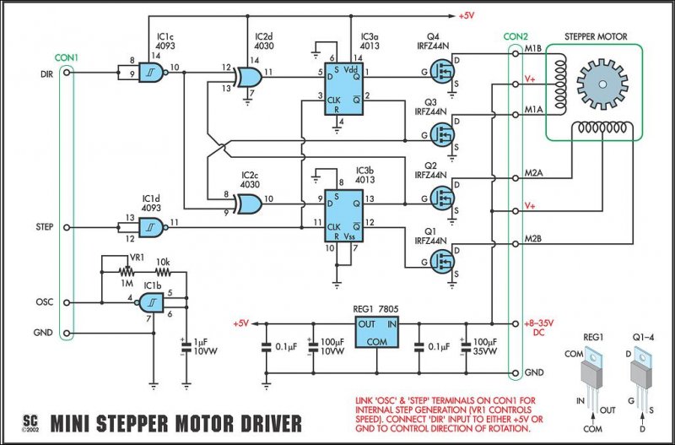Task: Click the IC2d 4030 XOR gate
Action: pyautogui.click(x=250, y=78)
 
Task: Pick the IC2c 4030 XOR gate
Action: pyautogui.click(x=250, y=204)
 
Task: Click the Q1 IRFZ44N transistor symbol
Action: pyautogui.click(x=444, y=261)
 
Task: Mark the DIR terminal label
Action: pyautogui.click(x=47, y=73)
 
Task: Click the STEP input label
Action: pyautogui.click(x=46, y=226)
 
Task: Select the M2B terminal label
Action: pyautogui.click(x=533, y=239)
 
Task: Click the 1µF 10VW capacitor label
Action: pyautogui.click(x=203, y=345)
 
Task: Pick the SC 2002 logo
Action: pyautogui.click(x=30, y=420)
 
